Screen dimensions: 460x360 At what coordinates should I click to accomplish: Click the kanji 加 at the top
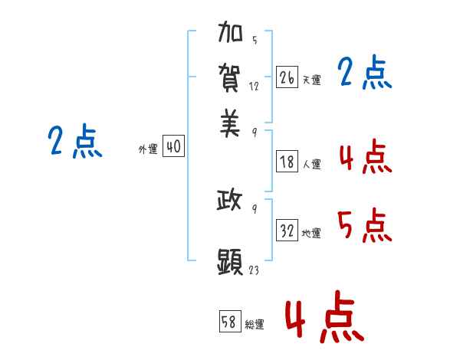[230, 31]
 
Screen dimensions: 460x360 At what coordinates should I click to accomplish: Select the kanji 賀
[229, 78]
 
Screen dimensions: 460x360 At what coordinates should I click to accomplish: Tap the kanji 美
[230, 123]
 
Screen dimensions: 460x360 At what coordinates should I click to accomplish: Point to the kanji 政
[229, 200]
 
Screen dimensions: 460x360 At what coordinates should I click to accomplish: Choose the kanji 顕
[230, 262]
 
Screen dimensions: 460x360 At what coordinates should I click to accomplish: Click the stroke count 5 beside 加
[255, 40]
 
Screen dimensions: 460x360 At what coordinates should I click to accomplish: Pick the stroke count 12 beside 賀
[254, 87]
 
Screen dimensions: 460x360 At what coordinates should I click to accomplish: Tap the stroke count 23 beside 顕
[254, 270]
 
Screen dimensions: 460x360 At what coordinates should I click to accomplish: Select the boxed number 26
[287, 77]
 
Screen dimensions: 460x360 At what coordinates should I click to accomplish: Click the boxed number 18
[287, 162]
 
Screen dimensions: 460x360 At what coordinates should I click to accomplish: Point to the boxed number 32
[287, 230]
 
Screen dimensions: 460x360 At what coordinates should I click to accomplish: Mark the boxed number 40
[173, 146]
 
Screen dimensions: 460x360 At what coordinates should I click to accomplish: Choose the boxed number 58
[230, 321]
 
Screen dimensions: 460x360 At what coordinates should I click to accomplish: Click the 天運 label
[312, 80]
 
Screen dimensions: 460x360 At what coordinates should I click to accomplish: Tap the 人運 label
[312, 164]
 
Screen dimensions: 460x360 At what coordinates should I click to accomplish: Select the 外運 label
[148, 149]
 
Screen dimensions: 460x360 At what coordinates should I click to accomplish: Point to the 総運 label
[255, 325]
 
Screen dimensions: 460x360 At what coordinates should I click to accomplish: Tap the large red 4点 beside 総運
[325, 316]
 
